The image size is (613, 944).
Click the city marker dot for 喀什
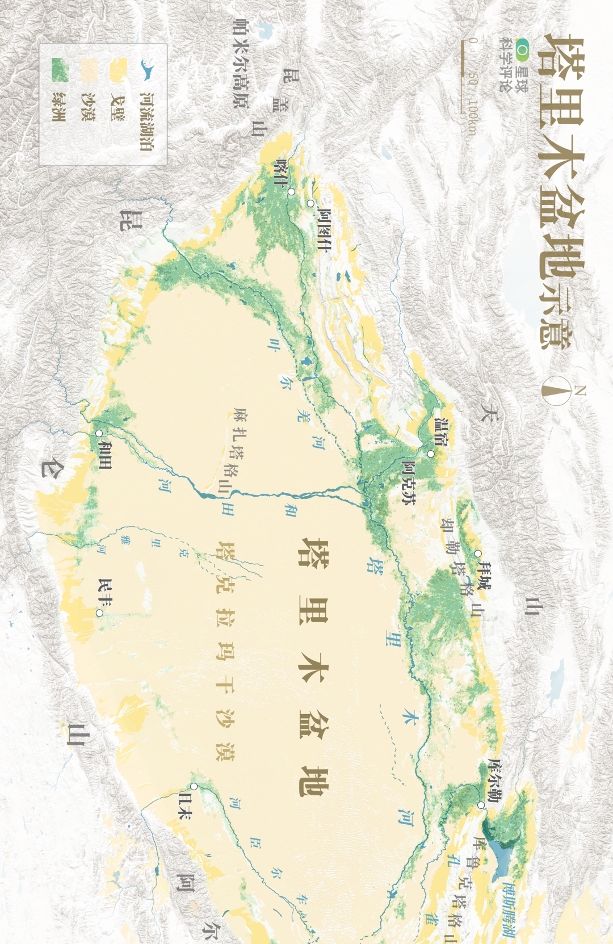point(291,192)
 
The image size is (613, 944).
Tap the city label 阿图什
point(324,229)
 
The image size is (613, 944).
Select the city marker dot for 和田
point(99,433)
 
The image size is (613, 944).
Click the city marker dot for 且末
point(194,786)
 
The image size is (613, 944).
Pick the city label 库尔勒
point(493,779)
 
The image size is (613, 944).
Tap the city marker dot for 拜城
point(478,553)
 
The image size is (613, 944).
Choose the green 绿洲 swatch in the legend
point(59,69)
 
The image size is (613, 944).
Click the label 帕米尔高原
point(241,62)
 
